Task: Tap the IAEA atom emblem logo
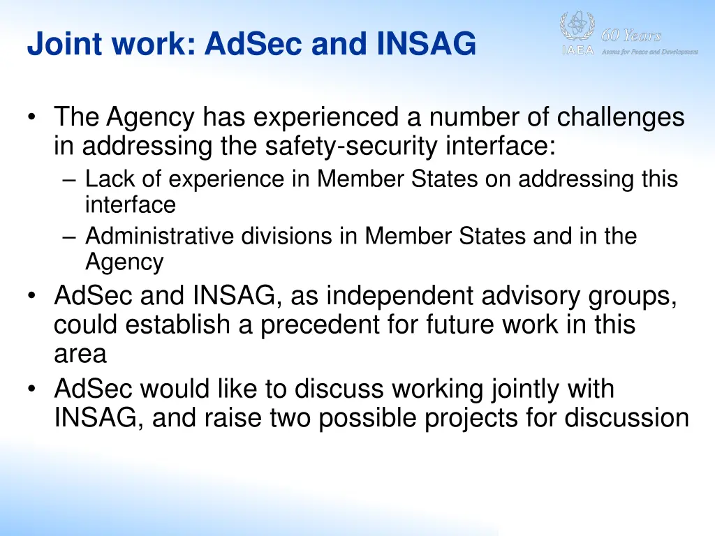[x=577, y=29]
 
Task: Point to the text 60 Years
[x=631, y=36]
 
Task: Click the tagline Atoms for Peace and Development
[x=649, y=52]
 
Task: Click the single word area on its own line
[x=80, y=355]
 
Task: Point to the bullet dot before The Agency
[x=34, y=118]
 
